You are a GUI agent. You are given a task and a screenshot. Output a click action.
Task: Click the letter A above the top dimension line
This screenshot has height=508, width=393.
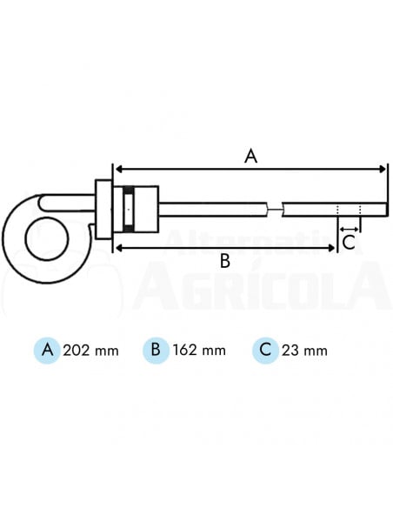click(250, 156)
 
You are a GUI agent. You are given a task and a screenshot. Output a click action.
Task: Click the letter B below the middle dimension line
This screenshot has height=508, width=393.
click(224, 261)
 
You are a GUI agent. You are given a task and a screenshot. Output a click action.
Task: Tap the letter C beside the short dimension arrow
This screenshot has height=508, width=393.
click(348, 241)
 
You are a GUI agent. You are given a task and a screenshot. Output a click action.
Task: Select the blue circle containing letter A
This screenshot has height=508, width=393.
click(47, 351)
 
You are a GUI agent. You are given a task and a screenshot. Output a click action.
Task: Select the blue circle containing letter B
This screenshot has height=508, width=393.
click(155, 351)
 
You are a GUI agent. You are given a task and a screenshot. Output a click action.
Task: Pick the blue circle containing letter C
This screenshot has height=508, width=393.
click(264, 351)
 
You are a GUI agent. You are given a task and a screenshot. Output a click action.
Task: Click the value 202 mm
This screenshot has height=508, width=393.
click(91, 351)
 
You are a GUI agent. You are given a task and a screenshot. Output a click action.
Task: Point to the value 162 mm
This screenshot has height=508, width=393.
click(199, 351)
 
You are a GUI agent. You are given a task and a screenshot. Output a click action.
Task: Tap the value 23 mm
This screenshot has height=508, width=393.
click(305, 351)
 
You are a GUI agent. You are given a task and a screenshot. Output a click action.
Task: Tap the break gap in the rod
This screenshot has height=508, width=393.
click(275, 209)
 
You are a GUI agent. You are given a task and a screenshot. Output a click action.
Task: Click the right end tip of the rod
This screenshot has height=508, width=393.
click(385, 209)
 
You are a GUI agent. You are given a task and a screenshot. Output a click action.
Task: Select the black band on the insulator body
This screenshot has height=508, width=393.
click(128, 210)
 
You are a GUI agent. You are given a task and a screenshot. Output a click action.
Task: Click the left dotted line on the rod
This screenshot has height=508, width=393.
click(338, 209)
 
